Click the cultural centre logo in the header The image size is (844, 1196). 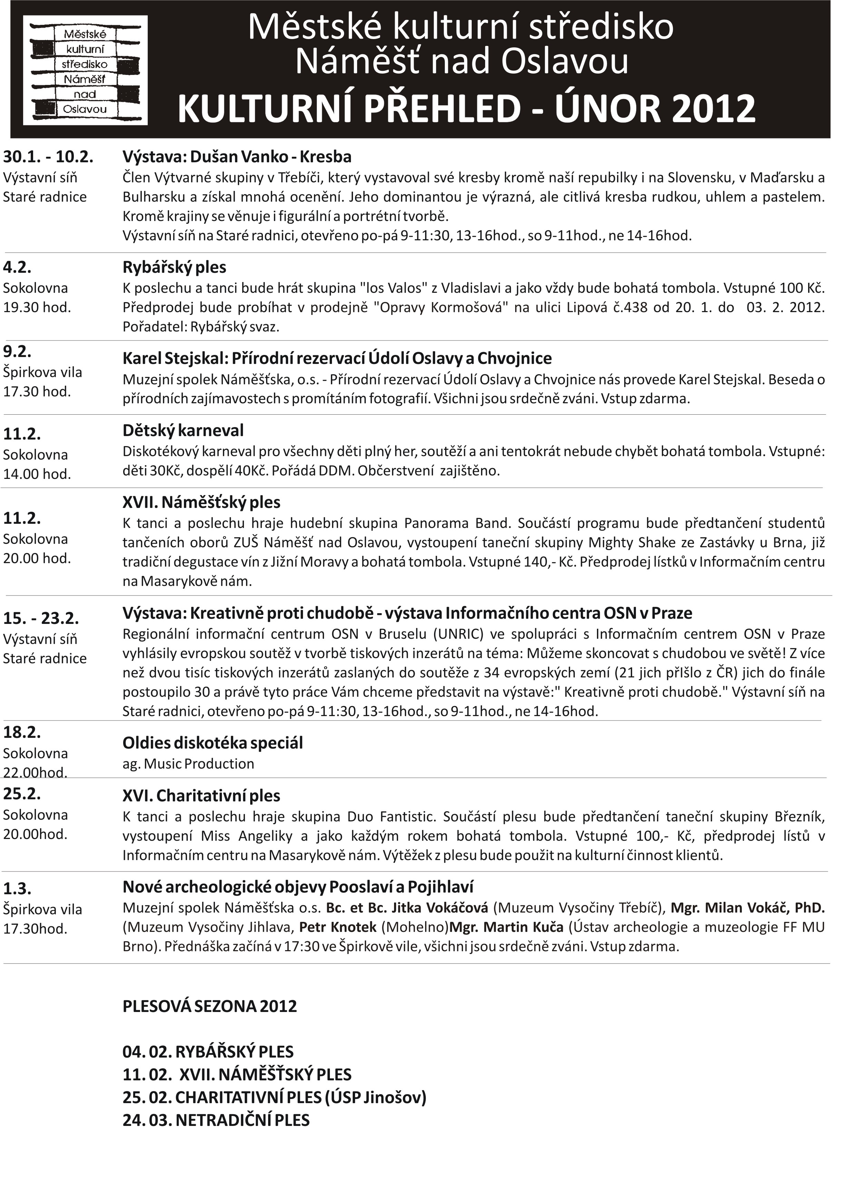pyautogui.click(x=85, y=70)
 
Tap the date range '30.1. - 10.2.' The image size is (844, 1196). pyautogui.click(x=48, y=156)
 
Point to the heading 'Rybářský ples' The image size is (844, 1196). pyautogui.click(x=174, y=267)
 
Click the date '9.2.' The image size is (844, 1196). pyautogui.click(x=17, y=351)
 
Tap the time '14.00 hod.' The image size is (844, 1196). pyautogui.click(x=37, y=474)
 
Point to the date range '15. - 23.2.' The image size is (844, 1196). pyautogui.click(x=41, y=618)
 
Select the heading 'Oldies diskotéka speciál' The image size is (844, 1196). pyautogui.click(x=213, y=743)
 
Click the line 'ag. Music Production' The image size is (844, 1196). pyautogui.click(x=188, y=764)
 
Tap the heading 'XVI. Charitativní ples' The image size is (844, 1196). pyautogui.click(x=201, y=796)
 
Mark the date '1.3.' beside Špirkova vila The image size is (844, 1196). pyautogui.click(x=17, y=888)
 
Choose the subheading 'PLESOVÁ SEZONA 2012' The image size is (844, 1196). pyautogui.click(x=209, y=1006)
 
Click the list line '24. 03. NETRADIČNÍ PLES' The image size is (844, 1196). pyautogui.click(x=216, y=1120)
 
